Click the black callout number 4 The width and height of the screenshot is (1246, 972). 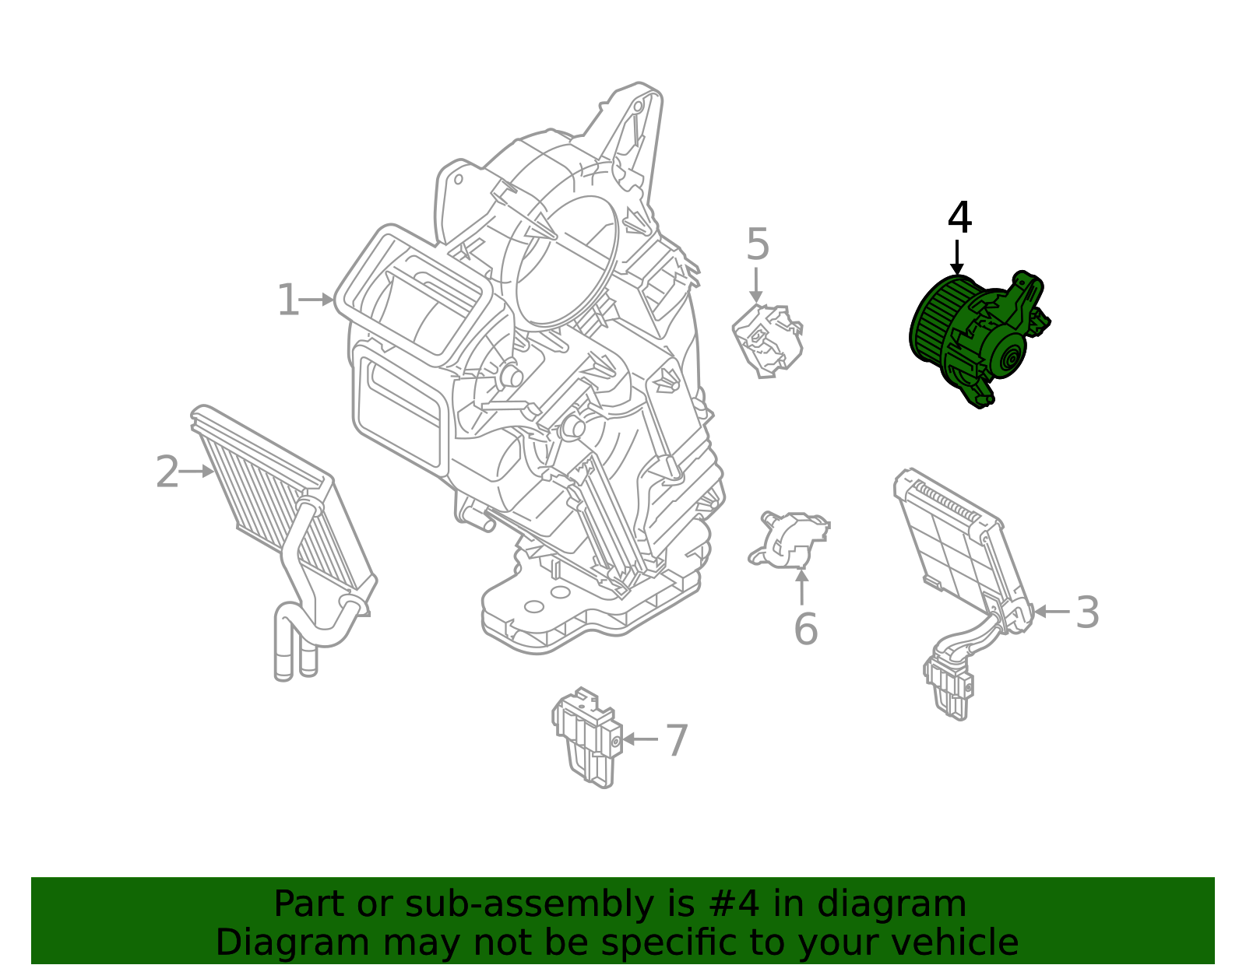tap(959, 218)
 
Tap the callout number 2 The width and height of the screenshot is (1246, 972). tap(167, 472)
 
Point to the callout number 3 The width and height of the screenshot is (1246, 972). tap(1087, 612)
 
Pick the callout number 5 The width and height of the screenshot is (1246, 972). tap(758, 244)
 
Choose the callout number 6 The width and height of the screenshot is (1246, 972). tap(806, 628)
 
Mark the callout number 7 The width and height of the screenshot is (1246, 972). tap(677, 740)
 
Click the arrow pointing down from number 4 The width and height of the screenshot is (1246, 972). tap(956, 257)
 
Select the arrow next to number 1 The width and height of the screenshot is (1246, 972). tap(316, 299)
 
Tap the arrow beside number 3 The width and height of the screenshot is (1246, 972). tap(1051, 612)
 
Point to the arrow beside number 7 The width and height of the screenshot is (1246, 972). tap(640, 739)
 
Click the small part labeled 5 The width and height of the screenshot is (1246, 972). tap(768, 341)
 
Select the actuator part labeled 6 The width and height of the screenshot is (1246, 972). tap(789, 539)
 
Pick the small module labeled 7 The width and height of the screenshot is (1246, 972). tap(586, 737)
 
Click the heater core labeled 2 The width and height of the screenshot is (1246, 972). tap(283, 542)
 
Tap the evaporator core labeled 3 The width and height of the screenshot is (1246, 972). tap(964, 593)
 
